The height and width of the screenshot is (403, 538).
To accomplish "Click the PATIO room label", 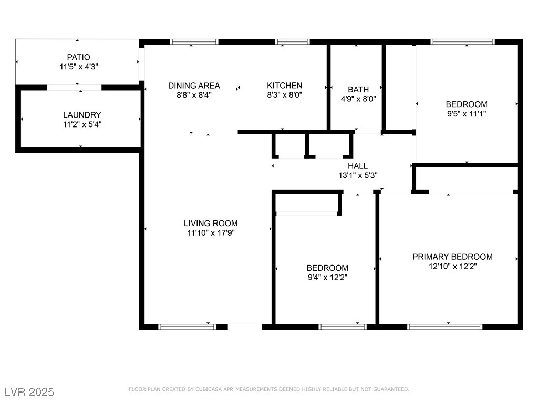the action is pos(79,57).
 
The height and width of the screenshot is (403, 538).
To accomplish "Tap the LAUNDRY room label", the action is pos(82,115).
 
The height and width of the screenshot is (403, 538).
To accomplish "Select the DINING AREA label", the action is pos(194,86).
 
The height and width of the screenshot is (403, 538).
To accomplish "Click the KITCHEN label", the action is pos(284,86).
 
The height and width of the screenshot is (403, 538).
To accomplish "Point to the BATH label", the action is pos(358,90).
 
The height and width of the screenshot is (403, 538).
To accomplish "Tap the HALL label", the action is pos(358,166).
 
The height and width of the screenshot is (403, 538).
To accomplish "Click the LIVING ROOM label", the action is pos(211,224).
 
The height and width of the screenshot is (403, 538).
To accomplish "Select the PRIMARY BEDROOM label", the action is pos(452,257).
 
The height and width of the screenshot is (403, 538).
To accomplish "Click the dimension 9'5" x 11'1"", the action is pos(467,114).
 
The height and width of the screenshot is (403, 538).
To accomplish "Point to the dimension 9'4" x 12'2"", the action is pos(328,277).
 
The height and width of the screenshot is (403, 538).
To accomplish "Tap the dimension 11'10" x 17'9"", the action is pos(211,233).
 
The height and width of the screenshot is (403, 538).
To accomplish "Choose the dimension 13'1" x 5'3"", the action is pos(358,175).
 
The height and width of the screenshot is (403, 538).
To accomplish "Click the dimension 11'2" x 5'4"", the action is pos(82,124).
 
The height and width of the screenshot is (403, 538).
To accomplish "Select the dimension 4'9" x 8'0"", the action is pos(358,99).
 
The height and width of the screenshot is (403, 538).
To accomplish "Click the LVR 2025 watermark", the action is pos(29,392).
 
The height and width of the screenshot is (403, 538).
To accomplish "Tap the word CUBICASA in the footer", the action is pos(209,389).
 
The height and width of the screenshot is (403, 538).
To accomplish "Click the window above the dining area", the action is pos(194,42).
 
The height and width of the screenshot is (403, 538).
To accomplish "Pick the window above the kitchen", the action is pos(292,42).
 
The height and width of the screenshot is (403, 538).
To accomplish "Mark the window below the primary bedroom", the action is pos(445,327).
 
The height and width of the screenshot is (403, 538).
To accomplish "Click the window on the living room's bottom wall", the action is pos(188,327).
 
